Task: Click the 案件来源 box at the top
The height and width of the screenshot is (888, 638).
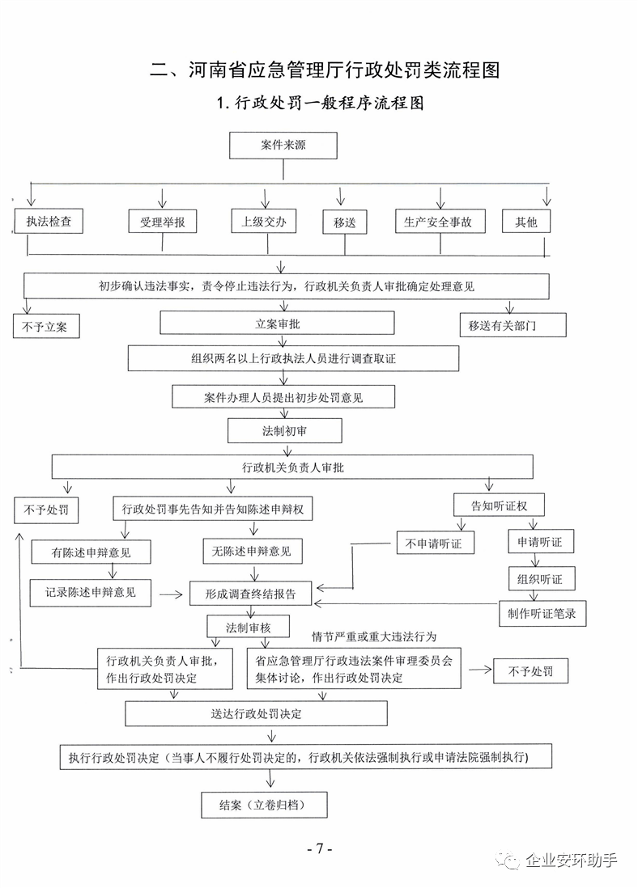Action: [283, 146]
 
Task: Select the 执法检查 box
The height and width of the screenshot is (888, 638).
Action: [49, 221]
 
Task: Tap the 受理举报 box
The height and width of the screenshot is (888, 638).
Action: [163, 222]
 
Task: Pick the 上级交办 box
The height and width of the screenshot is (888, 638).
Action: [264, 221]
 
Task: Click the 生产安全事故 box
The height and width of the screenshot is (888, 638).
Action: [440, 222]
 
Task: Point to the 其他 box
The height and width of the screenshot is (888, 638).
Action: [526, 222]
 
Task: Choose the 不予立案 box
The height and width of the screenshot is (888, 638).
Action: [46, 326]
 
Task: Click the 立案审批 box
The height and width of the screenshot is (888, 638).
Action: [277, 323]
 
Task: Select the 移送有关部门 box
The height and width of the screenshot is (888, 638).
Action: [513, 325]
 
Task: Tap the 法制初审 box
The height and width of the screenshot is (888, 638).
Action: [285, 431]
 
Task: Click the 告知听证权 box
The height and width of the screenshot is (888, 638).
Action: [499, 505]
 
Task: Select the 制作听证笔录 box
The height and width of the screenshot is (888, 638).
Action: [542, 614]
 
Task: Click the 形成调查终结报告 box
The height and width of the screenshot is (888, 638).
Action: [251, 594]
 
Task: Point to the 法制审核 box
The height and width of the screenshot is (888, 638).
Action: [249, 628]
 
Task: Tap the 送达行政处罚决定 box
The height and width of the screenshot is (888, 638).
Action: [257, 714]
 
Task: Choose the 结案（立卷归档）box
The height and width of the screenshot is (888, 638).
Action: [264, 805]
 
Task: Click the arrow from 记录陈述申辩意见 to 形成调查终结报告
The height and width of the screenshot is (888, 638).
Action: [171, 594]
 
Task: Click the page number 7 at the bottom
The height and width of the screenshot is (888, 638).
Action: [320, 848]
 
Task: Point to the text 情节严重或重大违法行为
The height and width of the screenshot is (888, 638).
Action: [374, 636]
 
